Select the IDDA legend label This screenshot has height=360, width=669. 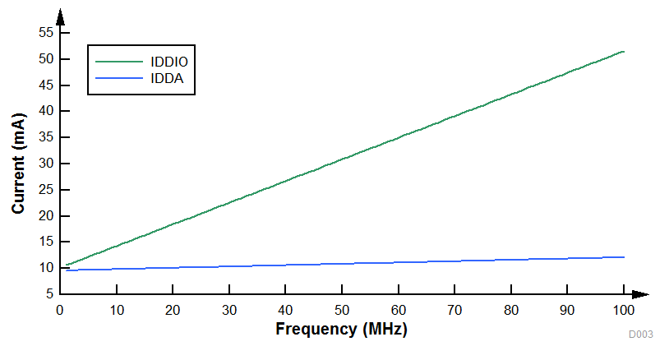click(x=167, y=78)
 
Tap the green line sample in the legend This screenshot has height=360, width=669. click(x=119, y=61)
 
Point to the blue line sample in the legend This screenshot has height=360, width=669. click(x=119, y=78)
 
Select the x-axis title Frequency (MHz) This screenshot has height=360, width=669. click(x=341, y=329)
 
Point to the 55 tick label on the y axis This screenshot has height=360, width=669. click(x=46, y=32)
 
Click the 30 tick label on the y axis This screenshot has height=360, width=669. click(x=46, y=163)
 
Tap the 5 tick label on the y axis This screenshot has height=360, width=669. click(x=49, y=293)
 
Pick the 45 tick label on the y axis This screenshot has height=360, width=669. click(x=46, y=85)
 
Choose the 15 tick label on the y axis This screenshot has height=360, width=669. click(x=46, y=242)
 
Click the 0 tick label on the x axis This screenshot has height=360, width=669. click(x=60, y=310)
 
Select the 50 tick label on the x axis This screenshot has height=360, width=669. click(x=342, y=310)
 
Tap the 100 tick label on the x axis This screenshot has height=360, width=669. click(x=624, y=310)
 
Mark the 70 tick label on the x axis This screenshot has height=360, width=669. click(x=454, y=310)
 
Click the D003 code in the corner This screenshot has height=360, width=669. click(x=641, y=335)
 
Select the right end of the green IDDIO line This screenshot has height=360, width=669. click(x=624, y=51)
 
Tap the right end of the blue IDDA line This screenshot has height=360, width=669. click(x=624, y=257)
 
